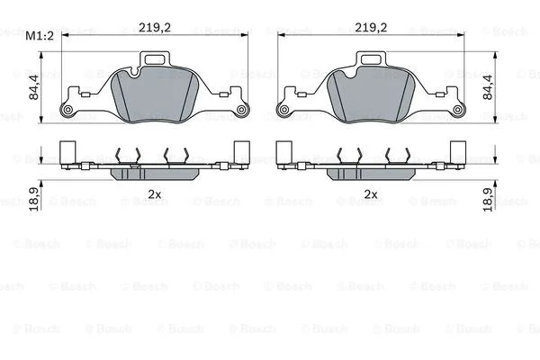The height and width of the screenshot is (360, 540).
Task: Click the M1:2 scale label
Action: [x=40, y=36]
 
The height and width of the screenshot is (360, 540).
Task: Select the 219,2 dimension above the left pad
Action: [x=156, y=27]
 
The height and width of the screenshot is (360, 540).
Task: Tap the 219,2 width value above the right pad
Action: [x=371, y=27]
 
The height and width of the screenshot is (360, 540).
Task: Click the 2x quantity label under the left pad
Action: [x=155, y=193]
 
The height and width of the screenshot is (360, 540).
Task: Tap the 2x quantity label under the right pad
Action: [x=370, y=193]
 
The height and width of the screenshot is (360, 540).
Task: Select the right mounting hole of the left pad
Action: [x=242, y=111]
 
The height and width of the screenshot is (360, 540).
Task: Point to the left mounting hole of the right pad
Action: [x=283, y=111]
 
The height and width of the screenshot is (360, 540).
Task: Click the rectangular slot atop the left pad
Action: [x=156, y=61]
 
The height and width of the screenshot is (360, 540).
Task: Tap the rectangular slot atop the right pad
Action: [x=371, y=61]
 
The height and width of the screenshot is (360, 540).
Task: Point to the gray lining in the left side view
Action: [x=156, y=173]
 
